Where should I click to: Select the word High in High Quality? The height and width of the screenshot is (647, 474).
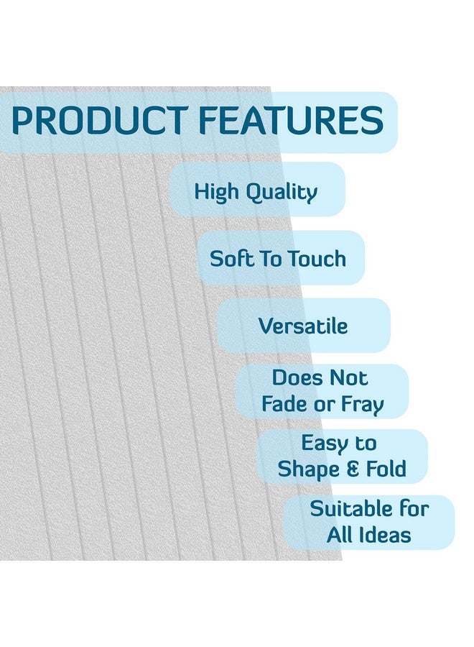(x=215, y=193)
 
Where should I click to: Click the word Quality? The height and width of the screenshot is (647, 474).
(x=282, y=193)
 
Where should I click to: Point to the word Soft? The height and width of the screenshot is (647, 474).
(x=231, y=259)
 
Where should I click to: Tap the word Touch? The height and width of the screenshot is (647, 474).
(x=317, y=259)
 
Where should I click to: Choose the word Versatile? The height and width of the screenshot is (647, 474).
(x=303, y=326)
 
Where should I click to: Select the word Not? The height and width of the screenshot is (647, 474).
(x=348, y=377)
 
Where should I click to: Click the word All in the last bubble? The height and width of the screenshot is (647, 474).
(x=339, y=535)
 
